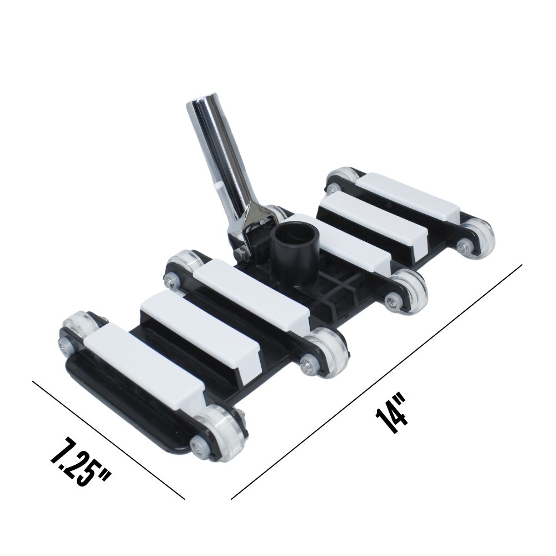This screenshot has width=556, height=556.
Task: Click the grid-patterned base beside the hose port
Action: (x=334, y=289)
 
